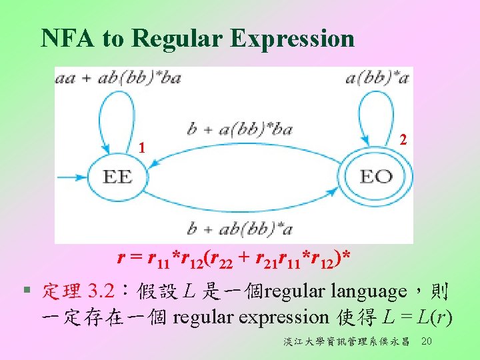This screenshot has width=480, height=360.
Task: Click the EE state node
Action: pyautogui.click(x=117, y=177)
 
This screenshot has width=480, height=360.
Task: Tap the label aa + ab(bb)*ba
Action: pyautogui.click(x=118, y=79)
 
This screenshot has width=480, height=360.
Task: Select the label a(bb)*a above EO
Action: pyautogui.click(x=377, y=79)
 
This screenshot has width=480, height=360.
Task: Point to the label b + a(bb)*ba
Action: pyautogui.click(x=239, y=129)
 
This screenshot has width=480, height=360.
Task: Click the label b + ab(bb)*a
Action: pyautogui.click(x=240, y=229)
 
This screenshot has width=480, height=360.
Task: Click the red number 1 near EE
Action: pyautogui.click(x=141, y=147)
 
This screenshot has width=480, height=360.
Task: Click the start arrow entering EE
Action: pyautogui.click(x=72, y=177)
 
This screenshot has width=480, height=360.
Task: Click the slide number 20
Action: pyautogui.click(x=427, y=341)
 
